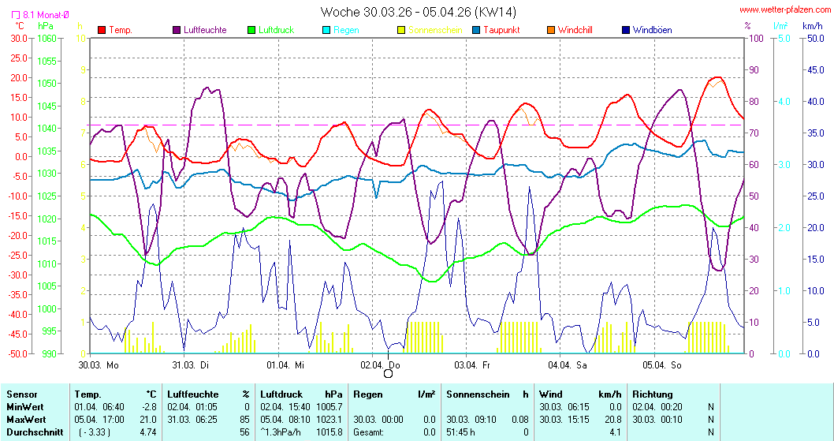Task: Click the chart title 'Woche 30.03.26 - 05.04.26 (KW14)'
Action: point(419,12)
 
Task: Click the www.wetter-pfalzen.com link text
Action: point(784,10)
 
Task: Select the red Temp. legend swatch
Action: point(102,30)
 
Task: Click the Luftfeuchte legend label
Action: point(204,30)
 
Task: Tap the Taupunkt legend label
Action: point(504,30)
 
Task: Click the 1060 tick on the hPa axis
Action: point(47,38)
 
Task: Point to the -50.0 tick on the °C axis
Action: point(17,353)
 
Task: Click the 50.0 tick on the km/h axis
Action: point(814,38)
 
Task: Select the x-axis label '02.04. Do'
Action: point(380,364)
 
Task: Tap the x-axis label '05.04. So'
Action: point(661,364)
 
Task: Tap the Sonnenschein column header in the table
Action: point(477,394)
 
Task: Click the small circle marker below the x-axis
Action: point(388,374)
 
